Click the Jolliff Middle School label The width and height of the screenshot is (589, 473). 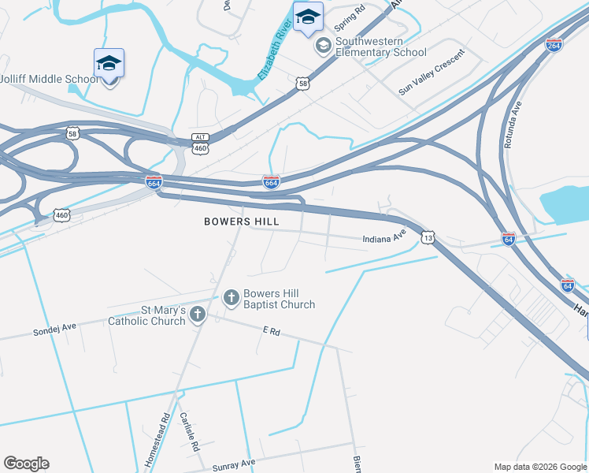pos(49,79)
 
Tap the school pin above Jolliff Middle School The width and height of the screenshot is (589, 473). pos(109,64)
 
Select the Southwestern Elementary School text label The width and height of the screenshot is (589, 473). pos(381,47)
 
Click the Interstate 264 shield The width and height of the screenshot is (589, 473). pos(554,45)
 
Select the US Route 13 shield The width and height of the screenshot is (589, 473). pos(428,236)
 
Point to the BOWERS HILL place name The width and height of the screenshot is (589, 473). pos(241,222)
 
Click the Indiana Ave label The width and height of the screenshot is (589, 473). pos(383,236)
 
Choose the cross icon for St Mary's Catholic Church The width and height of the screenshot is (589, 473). pos(197,315)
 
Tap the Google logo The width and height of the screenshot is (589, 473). pos(26,464)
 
